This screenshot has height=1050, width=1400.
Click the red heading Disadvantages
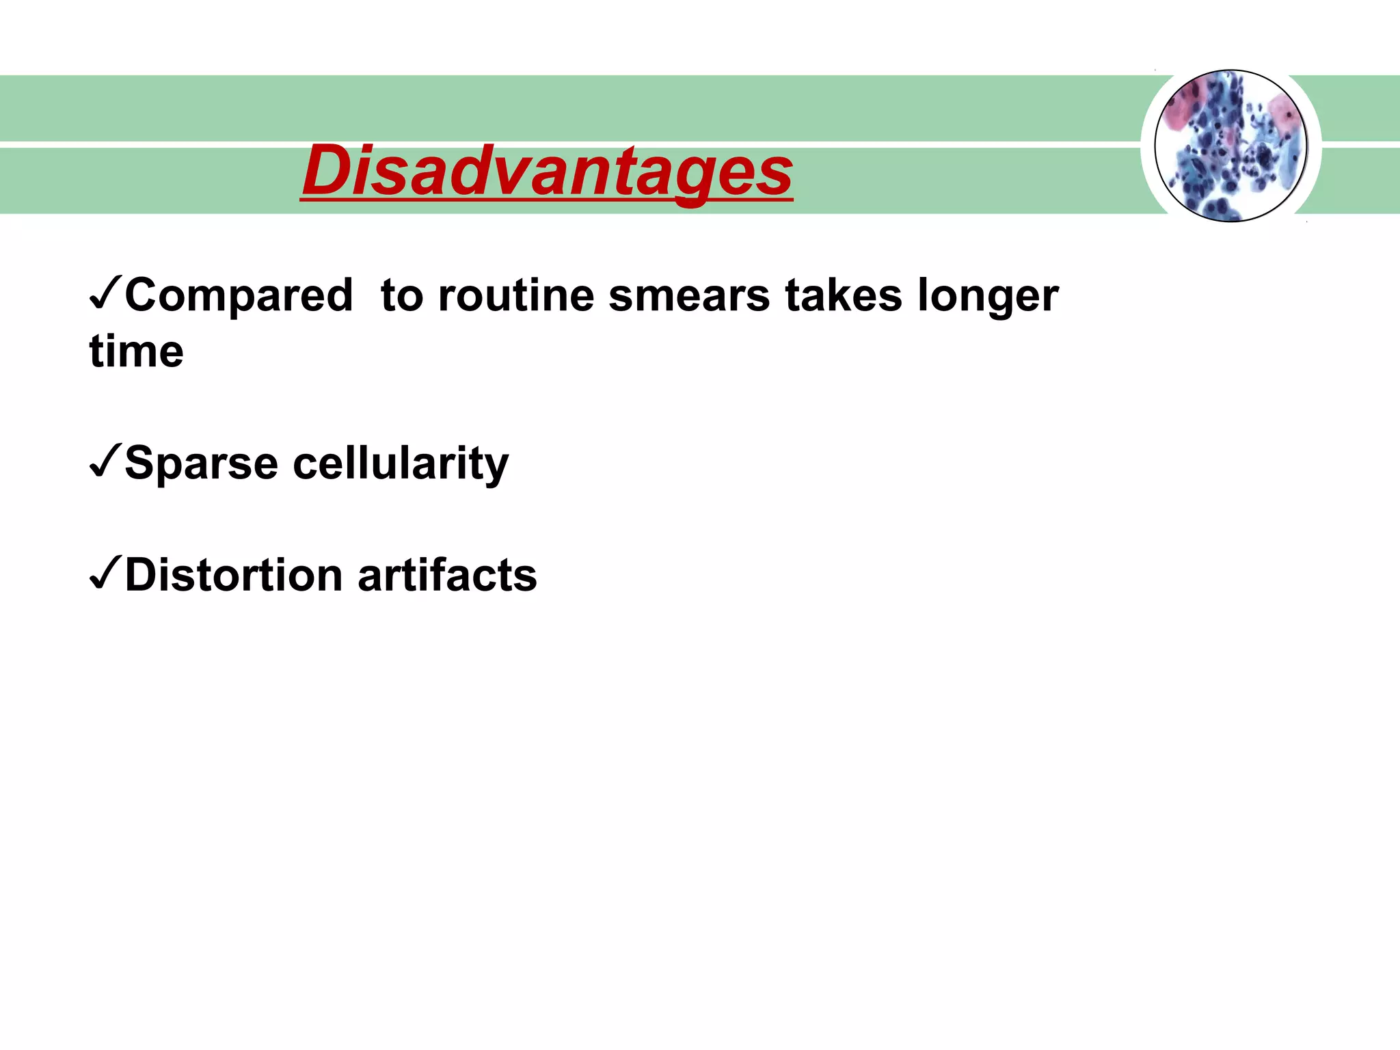547,171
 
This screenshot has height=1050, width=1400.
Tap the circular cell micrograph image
1230,146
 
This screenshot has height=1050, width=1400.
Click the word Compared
239,296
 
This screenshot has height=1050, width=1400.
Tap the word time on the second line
137,352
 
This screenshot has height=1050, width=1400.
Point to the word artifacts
447,576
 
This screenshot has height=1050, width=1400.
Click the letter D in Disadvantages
327,171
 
